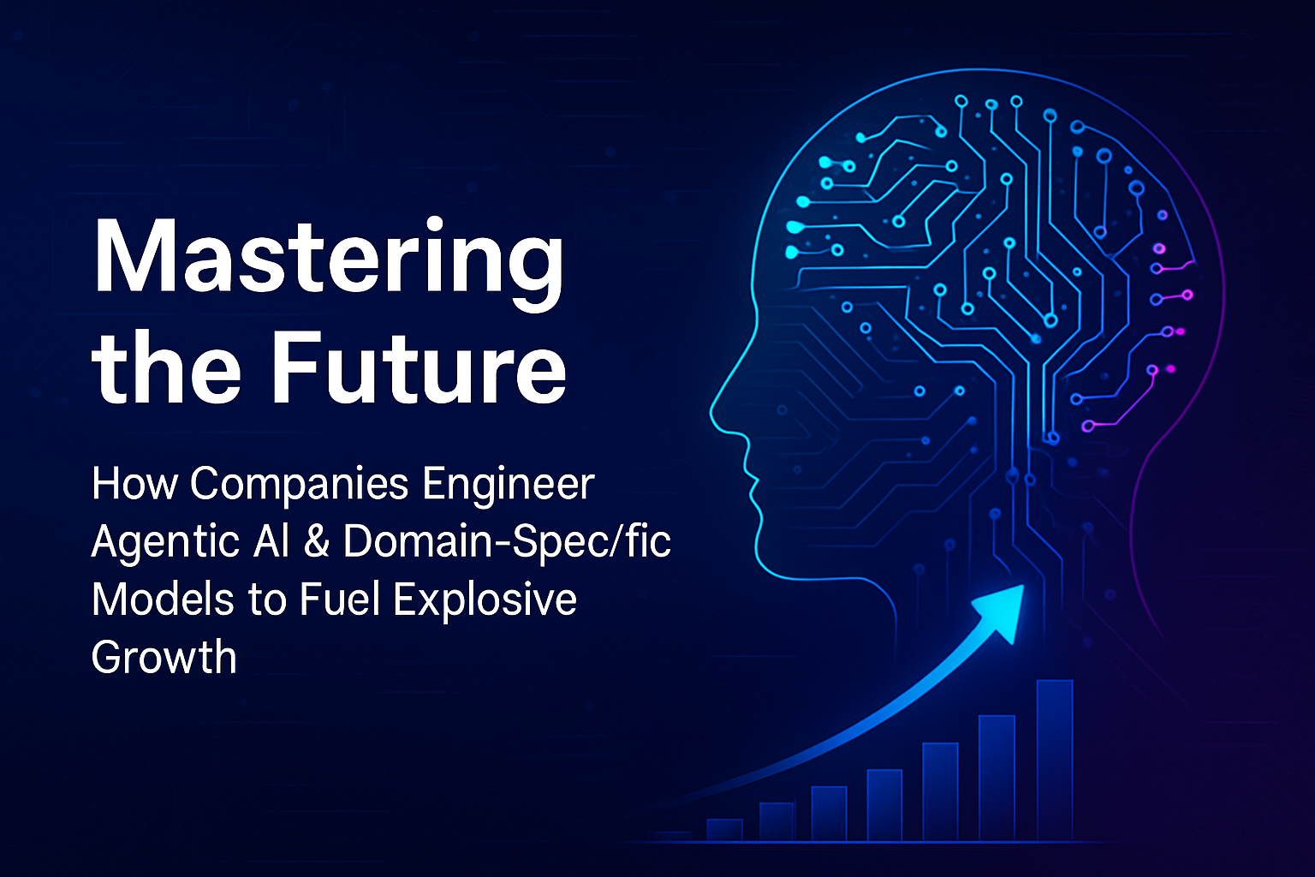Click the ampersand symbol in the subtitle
[317, 541]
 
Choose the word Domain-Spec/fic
[507, 541]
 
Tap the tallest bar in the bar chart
[1055, 761]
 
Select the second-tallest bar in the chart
[997, 779]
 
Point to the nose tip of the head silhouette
[711, 409]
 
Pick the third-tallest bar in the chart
[941, 792]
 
